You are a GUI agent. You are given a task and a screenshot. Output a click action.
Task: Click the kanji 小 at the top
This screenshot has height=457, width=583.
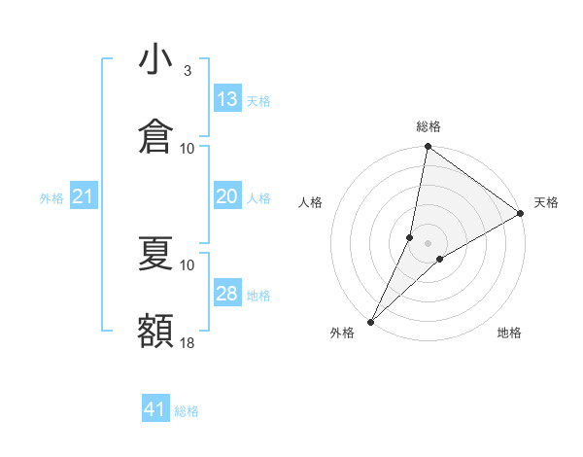[x=155, y=59]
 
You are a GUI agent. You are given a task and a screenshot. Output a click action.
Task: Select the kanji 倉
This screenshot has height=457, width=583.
[x=155, y=136]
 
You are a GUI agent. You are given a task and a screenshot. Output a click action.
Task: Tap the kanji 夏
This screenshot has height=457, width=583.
[x=155, y=254]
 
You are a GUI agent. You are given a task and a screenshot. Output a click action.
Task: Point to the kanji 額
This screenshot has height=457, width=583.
[x=155, y=331]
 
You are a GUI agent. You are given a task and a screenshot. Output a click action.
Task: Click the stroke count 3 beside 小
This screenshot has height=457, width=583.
[x=188, y=71]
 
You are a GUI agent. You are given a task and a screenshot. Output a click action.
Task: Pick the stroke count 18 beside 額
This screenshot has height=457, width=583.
[x=188, y=342]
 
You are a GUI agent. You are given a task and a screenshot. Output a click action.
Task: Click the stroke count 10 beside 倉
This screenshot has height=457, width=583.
[x=188, y=148]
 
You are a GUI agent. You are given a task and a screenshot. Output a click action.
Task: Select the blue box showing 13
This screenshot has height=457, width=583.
[x=227, y=99]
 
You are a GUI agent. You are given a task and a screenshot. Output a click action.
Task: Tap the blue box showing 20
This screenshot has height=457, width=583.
[x=227, y=196]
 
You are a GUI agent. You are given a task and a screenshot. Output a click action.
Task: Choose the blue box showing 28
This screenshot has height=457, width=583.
[x=227, y=294]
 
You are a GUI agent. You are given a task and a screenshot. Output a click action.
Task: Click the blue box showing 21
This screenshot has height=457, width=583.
[x=84, y=196]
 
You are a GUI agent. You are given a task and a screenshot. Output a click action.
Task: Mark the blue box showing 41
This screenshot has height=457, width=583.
[x=155, y=409]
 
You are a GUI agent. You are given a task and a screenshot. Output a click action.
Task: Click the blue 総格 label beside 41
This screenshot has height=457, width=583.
[x=187, y=411]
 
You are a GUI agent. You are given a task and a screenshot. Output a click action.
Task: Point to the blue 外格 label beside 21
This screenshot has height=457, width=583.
[x=51, y=198]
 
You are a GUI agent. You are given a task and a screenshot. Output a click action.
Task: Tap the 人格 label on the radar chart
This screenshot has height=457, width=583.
[x=311, y=202]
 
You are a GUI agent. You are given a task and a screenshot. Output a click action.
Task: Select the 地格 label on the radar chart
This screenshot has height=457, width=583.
[x=509, y=334]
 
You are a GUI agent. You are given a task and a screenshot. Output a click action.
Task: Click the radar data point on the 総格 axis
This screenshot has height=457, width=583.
[x=428, y=148]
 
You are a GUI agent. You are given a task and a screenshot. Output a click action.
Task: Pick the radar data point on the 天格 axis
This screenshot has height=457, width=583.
[x=521, y=214]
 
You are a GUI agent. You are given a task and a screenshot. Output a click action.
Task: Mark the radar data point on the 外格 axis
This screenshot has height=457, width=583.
[x=370, y=321]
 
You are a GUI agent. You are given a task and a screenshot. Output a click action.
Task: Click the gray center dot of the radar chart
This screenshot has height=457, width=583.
[x=428, y=243]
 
